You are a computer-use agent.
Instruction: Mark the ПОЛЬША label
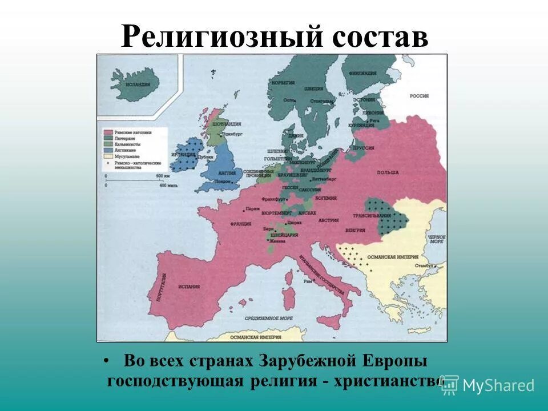[386, 172]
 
